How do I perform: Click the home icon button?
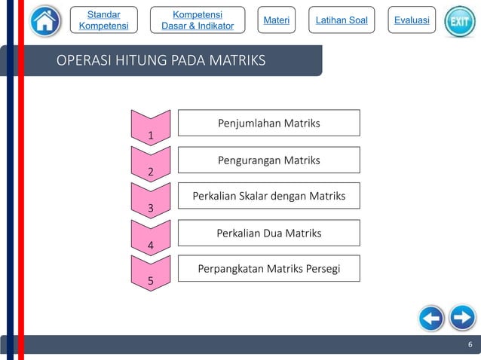pos(46,21)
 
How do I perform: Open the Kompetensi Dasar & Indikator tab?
pos(198,20)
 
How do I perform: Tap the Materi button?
pos(276,20)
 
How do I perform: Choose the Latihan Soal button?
pos(342,20)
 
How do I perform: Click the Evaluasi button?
pos(412,20)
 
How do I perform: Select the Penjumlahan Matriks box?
pos(268,123)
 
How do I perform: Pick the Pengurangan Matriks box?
pos(268,160)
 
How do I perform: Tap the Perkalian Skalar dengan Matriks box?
pos(268,196)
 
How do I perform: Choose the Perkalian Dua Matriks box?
pos(268,233)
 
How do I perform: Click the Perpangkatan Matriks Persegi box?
pos(268,268)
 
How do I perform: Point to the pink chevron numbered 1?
pos(151,127)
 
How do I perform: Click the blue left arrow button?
pos(430,318)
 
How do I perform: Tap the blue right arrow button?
pos(461,318)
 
